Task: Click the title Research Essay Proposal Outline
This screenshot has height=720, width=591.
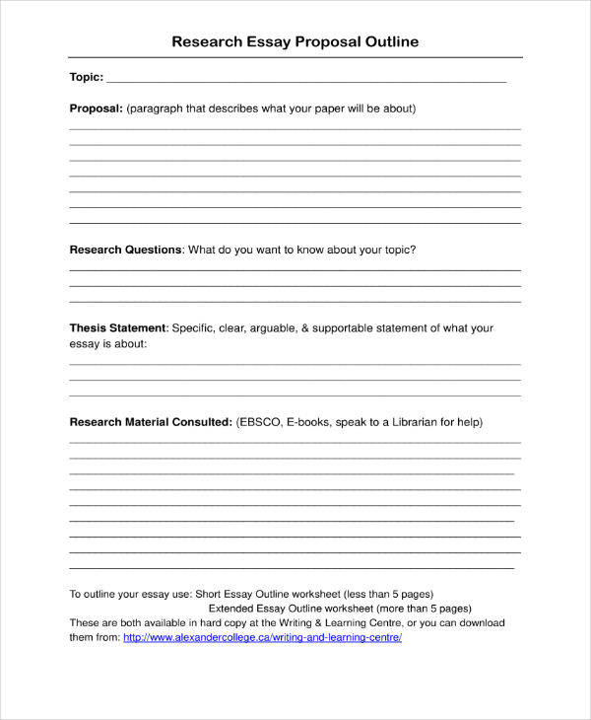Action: coord(295,41)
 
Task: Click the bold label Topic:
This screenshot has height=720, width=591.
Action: coord(86,77)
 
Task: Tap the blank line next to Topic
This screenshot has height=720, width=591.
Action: coord(305,79)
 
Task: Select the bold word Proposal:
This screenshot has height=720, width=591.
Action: coord(96,108)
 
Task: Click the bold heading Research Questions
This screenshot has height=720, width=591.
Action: coord(125,250)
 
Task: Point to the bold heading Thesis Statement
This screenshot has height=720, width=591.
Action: coord(118,327)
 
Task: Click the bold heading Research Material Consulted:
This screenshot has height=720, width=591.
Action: coord(151,422)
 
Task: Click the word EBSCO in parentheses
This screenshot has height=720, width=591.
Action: coord(260,422)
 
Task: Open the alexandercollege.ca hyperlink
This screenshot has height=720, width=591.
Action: coord(262,637)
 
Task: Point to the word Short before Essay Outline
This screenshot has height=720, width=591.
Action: coord(209,595)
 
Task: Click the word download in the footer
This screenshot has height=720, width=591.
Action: coord(480,623)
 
